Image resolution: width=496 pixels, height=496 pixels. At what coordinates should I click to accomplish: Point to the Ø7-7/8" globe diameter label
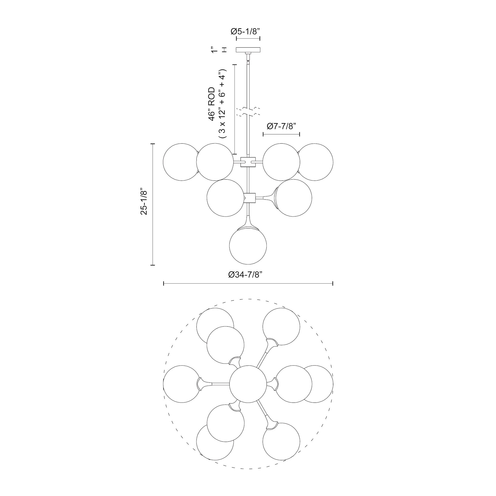pyautogui.click(x=281, y=126)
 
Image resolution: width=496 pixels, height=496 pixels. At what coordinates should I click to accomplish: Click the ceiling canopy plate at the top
pyautogui.click(x=248, y=50)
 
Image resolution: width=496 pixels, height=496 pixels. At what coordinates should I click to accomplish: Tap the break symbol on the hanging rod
pyautogui.click(x=248, y=112)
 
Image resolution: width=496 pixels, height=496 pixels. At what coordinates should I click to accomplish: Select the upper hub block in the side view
pyautogui.click(x=248, y=162)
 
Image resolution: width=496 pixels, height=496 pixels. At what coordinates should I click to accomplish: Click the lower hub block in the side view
pyautogui.click(x=248, y=198)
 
